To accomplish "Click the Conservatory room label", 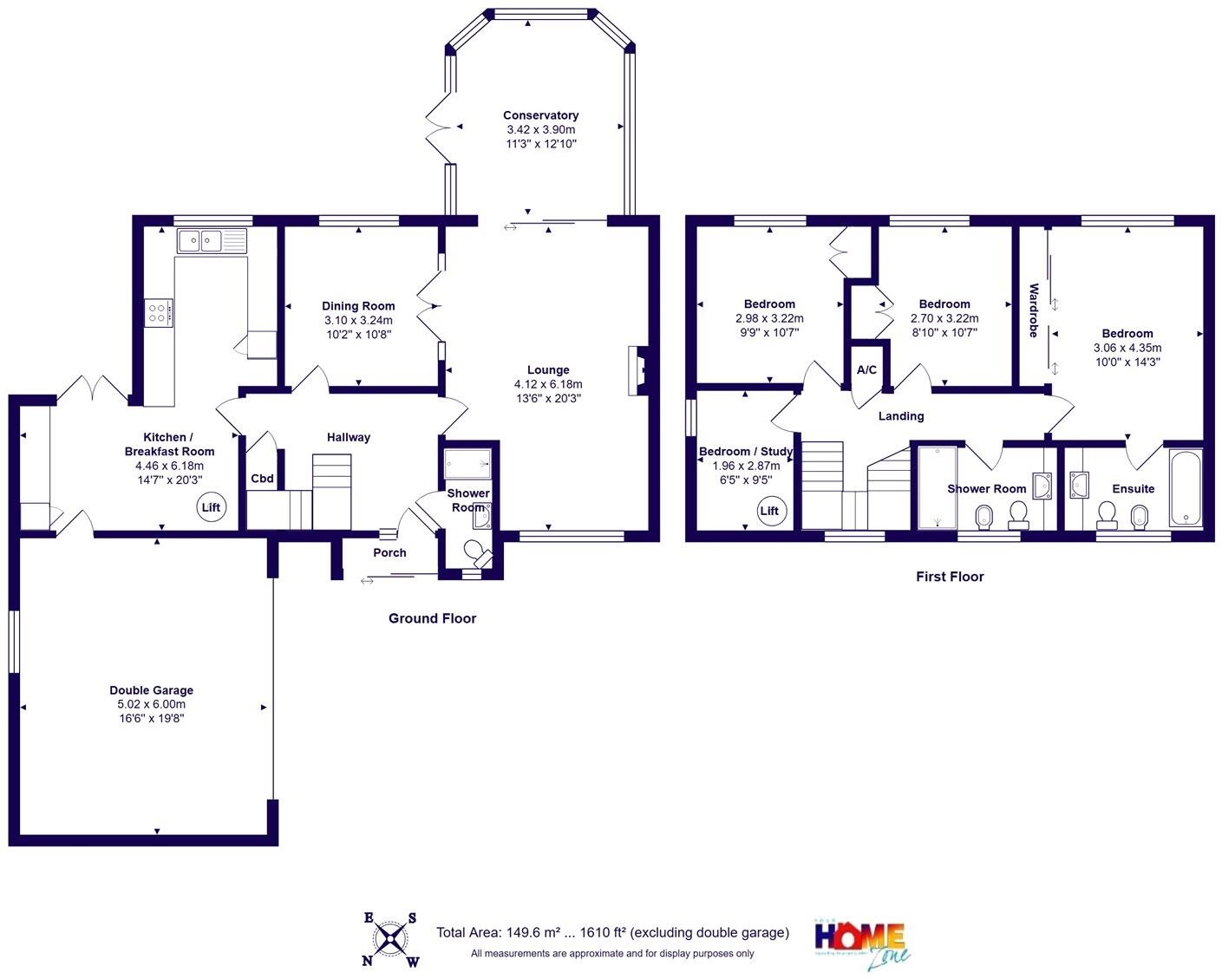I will pos(540,115).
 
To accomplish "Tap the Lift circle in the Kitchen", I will pos(211,507).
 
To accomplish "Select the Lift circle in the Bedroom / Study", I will pos(769,511).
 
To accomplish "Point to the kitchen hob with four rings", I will pos(158,312).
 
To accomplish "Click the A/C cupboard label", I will pos(866,370).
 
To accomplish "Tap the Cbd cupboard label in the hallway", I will pos(262,479).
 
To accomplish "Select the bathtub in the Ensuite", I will pos(1186,488).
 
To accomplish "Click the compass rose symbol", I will pos(391,938).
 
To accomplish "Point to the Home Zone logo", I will pos(862,943).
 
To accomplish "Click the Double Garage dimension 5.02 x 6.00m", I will pos(152,705).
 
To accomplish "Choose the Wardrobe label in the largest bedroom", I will pos(1033,310).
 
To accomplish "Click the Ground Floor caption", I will pos(432,618).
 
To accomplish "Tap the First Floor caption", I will pos(950,577).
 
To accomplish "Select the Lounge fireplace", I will pos(637,370).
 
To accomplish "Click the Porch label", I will pos(389,552).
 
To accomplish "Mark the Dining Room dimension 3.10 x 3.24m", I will pos(358,320).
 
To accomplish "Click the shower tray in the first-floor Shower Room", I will pos(938,487).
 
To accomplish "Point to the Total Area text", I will pos(612,933).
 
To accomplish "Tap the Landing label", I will pos(901,416).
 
